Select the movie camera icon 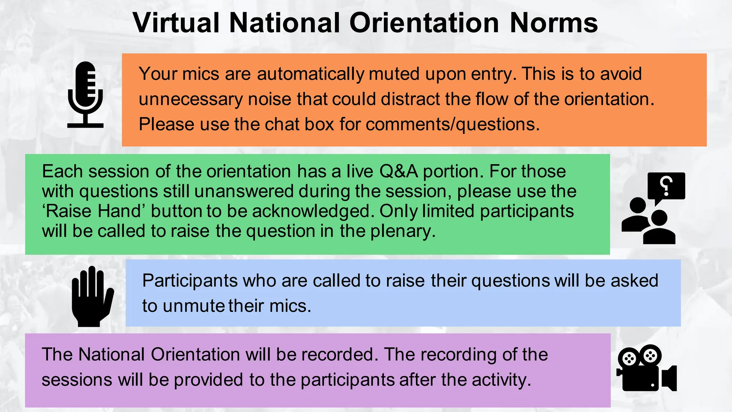pyautogui.click(x=646, y=368)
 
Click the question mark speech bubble pyautogui.click(x=666, y=186)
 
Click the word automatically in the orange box pyautogui.click(x=311, y=74)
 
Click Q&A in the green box pyautogui.click(x=399, y=171)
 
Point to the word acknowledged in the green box pyautogui.click(x=311, y=211)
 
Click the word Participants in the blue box pyautogui.click(x=190, y=280)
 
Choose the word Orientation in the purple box pyautogui.click(x=195, y=354)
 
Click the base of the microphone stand pyautogui.click(x=85, y=126)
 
